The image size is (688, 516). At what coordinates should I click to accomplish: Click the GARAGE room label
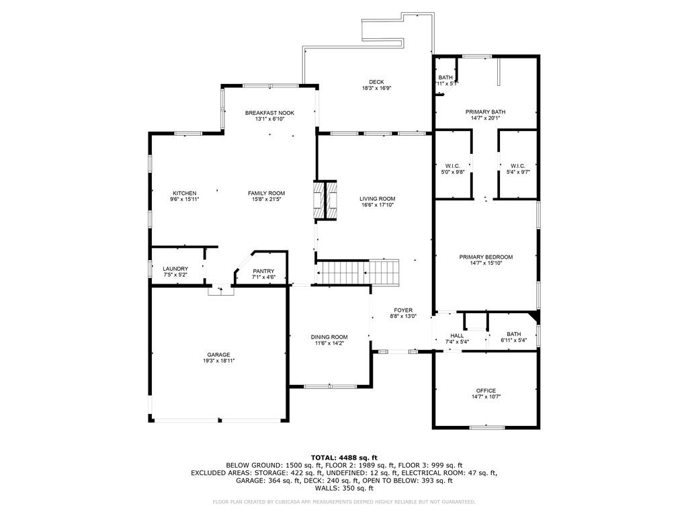click(218, 355)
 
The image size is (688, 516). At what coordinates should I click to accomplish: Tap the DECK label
click(376, 81)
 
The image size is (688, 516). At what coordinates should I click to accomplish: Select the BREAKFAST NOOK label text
click(269, 113)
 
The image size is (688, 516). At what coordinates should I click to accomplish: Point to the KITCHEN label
click(184, 193)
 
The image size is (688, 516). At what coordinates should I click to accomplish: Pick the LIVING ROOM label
click(378, 198)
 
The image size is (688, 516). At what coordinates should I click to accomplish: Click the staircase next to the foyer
click(357, 273)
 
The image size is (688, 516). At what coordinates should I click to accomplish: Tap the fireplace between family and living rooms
click(325, 200)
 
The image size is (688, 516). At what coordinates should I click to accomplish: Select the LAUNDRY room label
click(175, 269)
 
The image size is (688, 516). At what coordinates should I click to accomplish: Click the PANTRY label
click(263, 271)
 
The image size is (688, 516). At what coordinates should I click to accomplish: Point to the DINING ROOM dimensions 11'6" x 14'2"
click(329, 343)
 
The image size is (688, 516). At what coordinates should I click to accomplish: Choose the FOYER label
click(403, 310)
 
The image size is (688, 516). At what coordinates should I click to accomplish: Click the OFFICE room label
click(486, 390)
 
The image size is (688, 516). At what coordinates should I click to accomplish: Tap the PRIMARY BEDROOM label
click(486, 257)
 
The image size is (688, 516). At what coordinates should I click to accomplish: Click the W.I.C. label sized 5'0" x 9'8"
click(452, 166)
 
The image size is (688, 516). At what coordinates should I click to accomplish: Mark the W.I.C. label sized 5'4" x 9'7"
click(518, 166)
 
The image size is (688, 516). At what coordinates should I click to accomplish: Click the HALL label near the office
click(457, 336)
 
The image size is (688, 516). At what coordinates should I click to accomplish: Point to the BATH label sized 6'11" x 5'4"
click(513, 334)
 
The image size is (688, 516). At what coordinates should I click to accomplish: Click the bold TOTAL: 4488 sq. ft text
click(344, 458)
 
